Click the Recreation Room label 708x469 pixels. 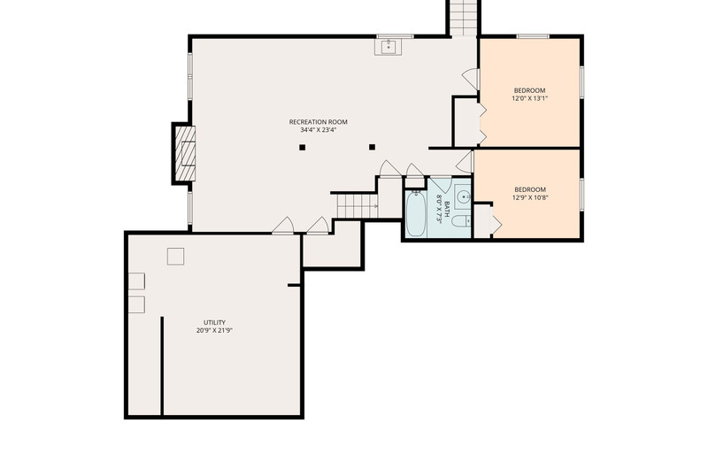click(319, 122)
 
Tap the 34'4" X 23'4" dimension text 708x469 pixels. click(319, 130)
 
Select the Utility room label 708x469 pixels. click(214, 322)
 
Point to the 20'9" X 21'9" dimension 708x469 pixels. click(214, 330)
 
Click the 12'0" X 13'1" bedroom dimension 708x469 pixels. click(529, 98)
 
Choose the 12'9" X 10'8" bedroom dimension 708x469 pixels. click(530, 197)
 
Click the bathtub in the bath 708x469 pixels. click(415, 213)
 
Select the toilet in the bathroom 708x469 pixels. click(461, 221)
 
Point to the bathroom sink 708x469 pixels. click(463, 197)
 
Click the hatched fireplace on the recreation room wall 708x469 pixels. click(185, 153)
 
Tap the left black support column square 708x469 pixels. click(303, 147)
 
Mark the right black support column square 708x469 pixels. click(372, 147)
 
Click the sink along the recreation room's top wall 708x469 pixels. click(389, 47)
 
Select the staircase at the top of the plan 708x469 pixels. click(463, 18)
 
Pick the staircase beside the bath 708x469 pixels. click(358, 206)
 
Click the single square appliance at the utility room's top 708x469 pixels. click(175, 257)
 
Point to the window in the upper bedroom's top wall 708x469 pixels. click(533, 36)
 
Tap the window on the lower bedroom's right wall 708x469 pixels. click(581, 195)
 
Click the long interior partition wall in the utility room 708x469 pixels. click(162, 365)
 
